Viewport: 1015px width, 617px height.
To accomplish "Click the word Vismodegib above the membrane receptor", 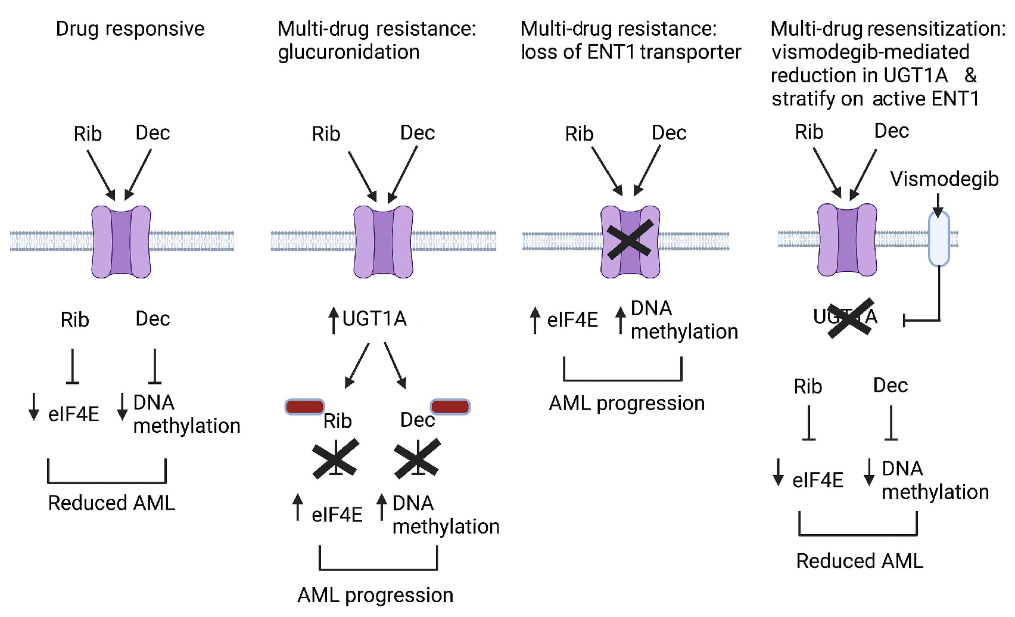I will [944, 179].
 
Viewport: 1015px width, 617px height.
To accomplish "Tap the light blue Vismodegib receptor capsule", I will [939, 238].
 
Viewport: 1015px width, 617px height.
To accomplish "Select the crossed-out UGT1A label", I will [846, 317].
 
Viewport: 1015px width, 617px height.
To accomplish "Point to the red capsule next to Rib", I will [305, 407].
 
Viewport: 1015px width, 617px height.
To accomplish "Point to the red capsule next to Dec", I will [450, 407].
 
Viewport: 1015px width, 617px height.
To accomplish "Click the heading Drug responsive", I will [130, 29].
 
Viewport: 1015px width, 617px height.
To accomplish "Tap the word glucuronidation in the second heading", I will [348, 52].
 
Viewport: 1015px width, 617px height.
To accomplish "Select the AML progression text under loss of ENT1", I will [627, 404].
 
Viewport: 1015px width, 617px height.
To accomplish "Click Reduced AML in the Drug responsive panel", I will [112, 503].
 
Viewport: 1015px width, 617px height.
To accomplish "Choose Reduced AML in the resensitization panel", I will [860, 561].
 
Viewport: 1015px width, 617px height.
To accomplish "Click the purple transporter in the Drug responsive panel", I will [121, 241].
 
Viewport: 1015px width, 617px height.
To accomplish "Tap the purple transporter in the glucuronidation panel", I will [383, 241].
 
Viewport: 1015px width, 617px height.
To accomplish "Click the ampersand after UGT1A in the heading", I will [970, 76].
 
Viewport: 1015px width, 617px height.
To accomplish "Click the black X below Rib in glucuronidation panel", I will [336, 458].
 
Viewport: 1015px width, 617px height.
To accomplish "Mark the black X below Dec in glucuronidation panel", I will [418, 458].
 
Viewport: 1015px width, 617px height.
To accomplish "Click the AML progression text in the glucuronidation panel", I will [375, 595].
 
